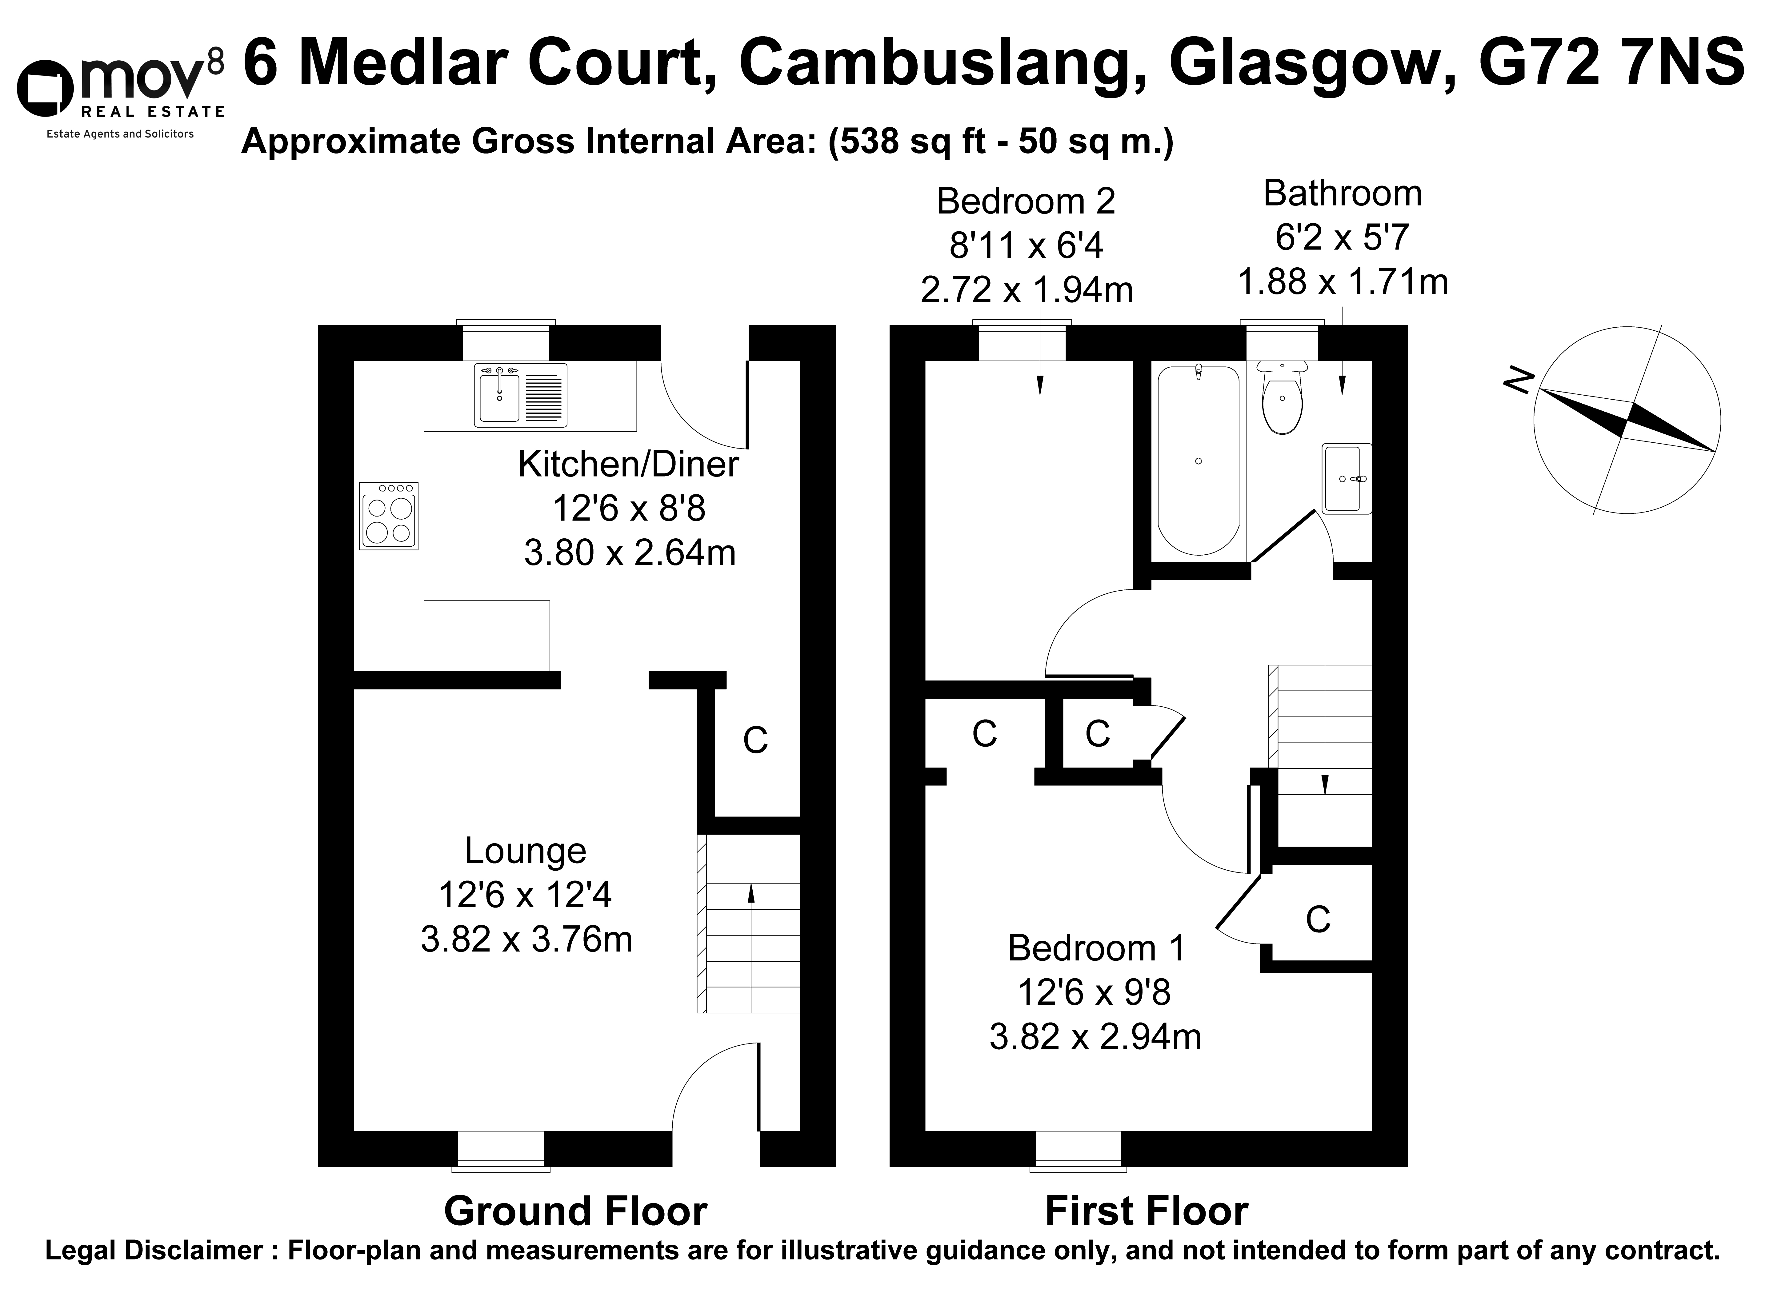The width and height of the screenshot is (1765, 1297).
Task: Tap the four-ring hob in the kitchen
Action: pos(389,515)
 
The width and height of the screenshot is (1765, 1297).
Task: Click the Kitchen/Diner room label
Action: pos(628,465)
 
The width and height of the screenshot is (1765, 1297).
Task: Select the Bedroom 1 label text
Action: pos(1096,948)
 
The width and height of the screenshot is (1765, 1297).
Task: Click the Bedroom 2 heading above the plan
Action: pos(1025,202)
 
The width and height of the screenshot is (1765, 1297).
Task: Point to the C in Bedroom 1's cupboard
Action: pos(1318,919)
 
